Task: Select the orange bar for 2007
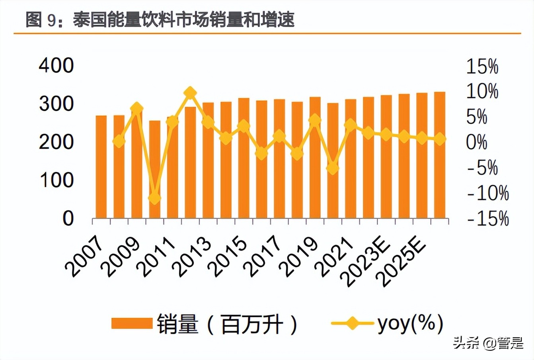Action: tap(101, 167)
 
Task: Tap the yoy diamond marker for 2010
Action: tap(154, 197)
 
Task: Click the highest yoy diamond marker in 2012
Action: tap(190, 93)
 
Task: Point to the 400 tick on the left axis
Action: tap(56, 66)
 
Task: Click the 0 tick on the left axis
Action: tap(68, 219)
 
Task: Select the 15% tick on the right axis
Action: tap(482, 67)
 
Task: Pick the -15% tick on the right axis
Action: tap(488, 219)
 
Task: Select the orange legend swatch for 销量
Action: tap(132, 323)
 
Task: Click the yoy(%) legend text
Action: tap(410, 323)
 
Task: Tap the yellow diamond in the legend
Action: tap(352, 323)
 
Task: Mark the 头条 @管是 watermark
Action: tap(487, 343)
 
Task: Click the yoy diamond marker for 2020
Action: tap(333, 168)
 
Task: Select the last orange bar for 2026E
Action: tap(440, 155)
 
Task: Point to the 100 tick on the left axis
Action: tap(56, 180)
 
